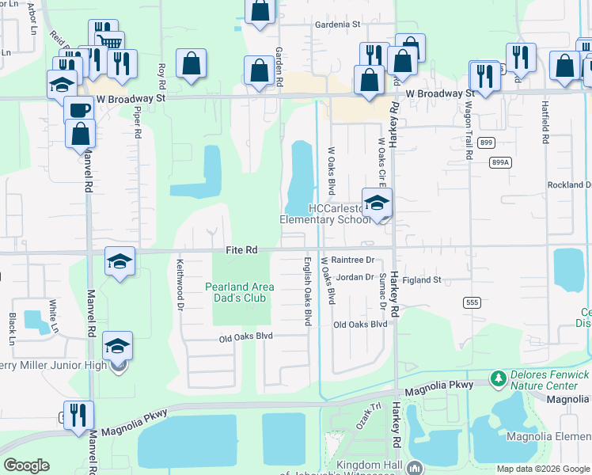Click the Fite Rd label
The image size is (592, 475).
click(241, 250)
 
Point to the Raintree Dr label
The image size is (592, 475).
click(351, 260)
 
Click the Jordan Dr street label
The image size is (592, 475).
click(354, 277)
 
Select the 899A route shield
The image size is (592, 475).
click(500, 161)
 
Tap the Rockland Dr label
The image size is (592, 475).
click(569, 184)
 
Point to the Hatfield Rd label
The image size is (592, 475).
click(545, 122)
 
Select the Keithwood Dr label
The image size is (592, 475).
click(180, 284)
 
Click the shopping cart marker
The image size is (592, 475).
click(109, 40)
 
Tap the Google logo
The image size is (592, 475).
click(27, 465)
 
